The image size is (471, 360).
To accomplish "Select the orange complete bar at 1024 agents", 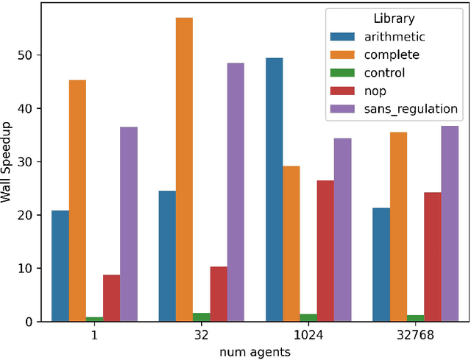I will (x=291, y=244).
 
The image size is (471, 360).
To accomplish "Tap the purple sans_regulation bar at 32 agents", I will (x=235, y=192).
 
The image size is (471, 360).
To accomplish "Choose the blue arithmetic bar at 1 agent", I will (x=60, y=266).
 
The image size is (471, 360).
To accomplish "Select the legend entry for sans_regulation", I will (x=411, y=109).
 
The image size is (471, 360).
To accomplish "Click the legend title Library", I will (x=393, y=18).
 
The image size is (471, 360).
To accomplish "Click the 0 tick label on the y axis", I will (x=26, y=322).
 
